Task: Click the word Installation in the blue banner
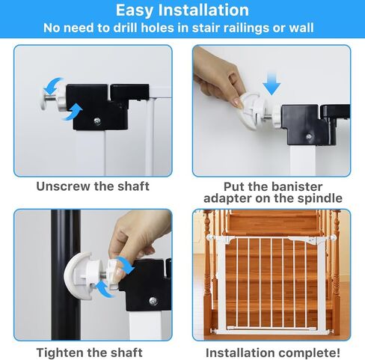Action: coord(204,10)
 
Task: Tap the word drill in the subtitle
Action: coord(126,28)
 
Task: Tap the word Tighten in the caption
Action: coord(59,353)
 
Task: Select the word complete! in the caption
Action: coord(310,353)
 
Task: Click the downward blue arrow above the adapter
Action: coord(272,83)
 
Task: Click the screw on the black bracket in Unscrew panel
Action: coord(97,121)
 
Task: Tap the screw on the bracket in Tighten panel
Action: coord(153,301)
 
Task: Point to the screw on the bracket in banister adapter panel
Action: coord(309,137)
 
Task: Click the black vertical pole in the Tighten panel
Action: coord(66,275)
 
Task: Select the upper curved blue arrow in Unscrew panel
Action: coord(52,85)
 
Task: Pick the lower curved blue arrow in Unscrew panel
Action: coord(73,112)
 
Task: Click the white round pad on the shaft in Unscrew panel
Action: coord(44,102)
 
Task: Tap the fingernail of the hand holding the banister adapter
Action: coord(238,103)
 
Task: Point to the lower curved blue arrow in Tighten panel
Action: coord(104,290)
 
